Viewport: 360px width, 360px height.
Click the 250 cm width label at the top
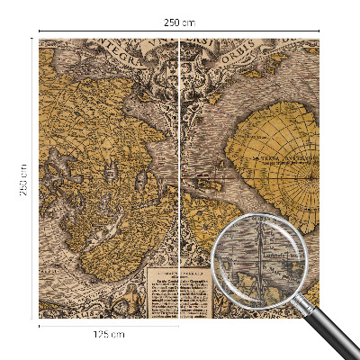click(x=180, y=21)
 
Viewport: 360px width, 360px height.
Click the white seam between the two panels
click(x=180, y=180)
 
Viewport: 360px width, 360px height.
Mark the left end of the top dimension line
click(x=40, y=31)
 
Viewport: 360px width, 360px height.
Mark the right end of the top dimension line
click(x=319, y=31)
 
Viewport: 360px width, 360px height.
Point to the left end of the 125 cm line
click(x=40, y=325)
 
